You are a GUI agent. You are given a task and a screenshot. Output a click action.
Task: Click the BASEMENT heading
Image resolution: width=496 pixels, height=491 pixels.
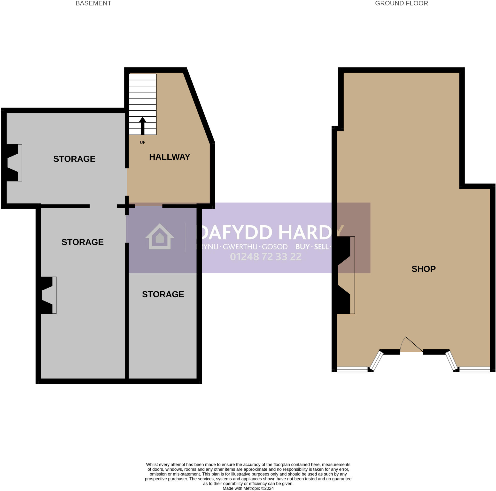pyautogui.click(x=93, y=3)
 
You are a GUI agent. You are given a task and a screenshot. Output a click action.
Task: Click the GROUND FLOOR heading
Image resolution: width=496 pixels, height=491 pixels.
pyautogui.click(x=401, y=3)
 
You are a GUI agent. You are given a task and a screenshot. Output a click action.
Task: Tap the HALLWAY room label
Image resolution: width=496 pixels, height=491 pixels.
pyautogui.click(x=170, y=157)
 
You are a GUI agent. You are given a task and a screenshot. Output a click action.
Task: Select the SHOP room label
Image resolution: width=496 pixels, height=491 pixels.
pyautogui.click(x=423, y=269)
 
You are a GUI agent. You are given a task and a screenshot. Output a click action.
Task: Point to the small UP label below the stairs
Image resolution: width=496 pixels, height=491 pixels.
pyautogui.click(x=142, y=142)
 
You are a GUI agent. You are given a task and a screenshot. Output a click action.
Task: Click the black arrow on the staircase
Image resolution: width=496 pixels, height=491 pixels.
pyautogui.click(x=142, y=125)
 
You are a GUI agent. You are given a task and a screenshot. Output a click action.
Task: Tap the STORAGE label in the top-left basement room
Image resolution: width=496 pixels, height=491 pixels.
pyautogui.click(x=74, y=159)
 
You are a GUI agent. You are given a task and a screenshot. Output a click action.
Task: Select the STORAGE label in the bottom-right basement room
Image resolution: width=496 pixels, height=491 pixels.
pyautogui.click(x=163, y=294)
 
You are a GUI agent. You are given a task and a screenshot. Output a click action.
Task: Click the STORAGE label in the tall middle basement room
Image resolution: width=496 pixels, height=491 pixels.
pyautogui.click(x=82, y=242)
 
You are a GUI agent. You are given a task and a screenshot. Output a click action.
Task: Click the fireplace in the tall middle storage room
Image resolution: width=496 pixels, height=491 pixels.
pyautogui.click(x=48, y=295)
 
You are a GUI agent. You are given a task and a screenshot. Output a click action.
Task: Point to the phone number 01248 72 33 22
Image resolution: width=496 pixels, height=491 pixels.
pyautogui.click(x=266, y=257)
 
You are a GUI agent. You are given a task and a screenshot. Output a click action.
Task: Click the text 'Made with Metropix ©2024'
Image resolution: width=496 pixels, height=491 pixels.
pyautogui.click(x=248, y=488)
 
